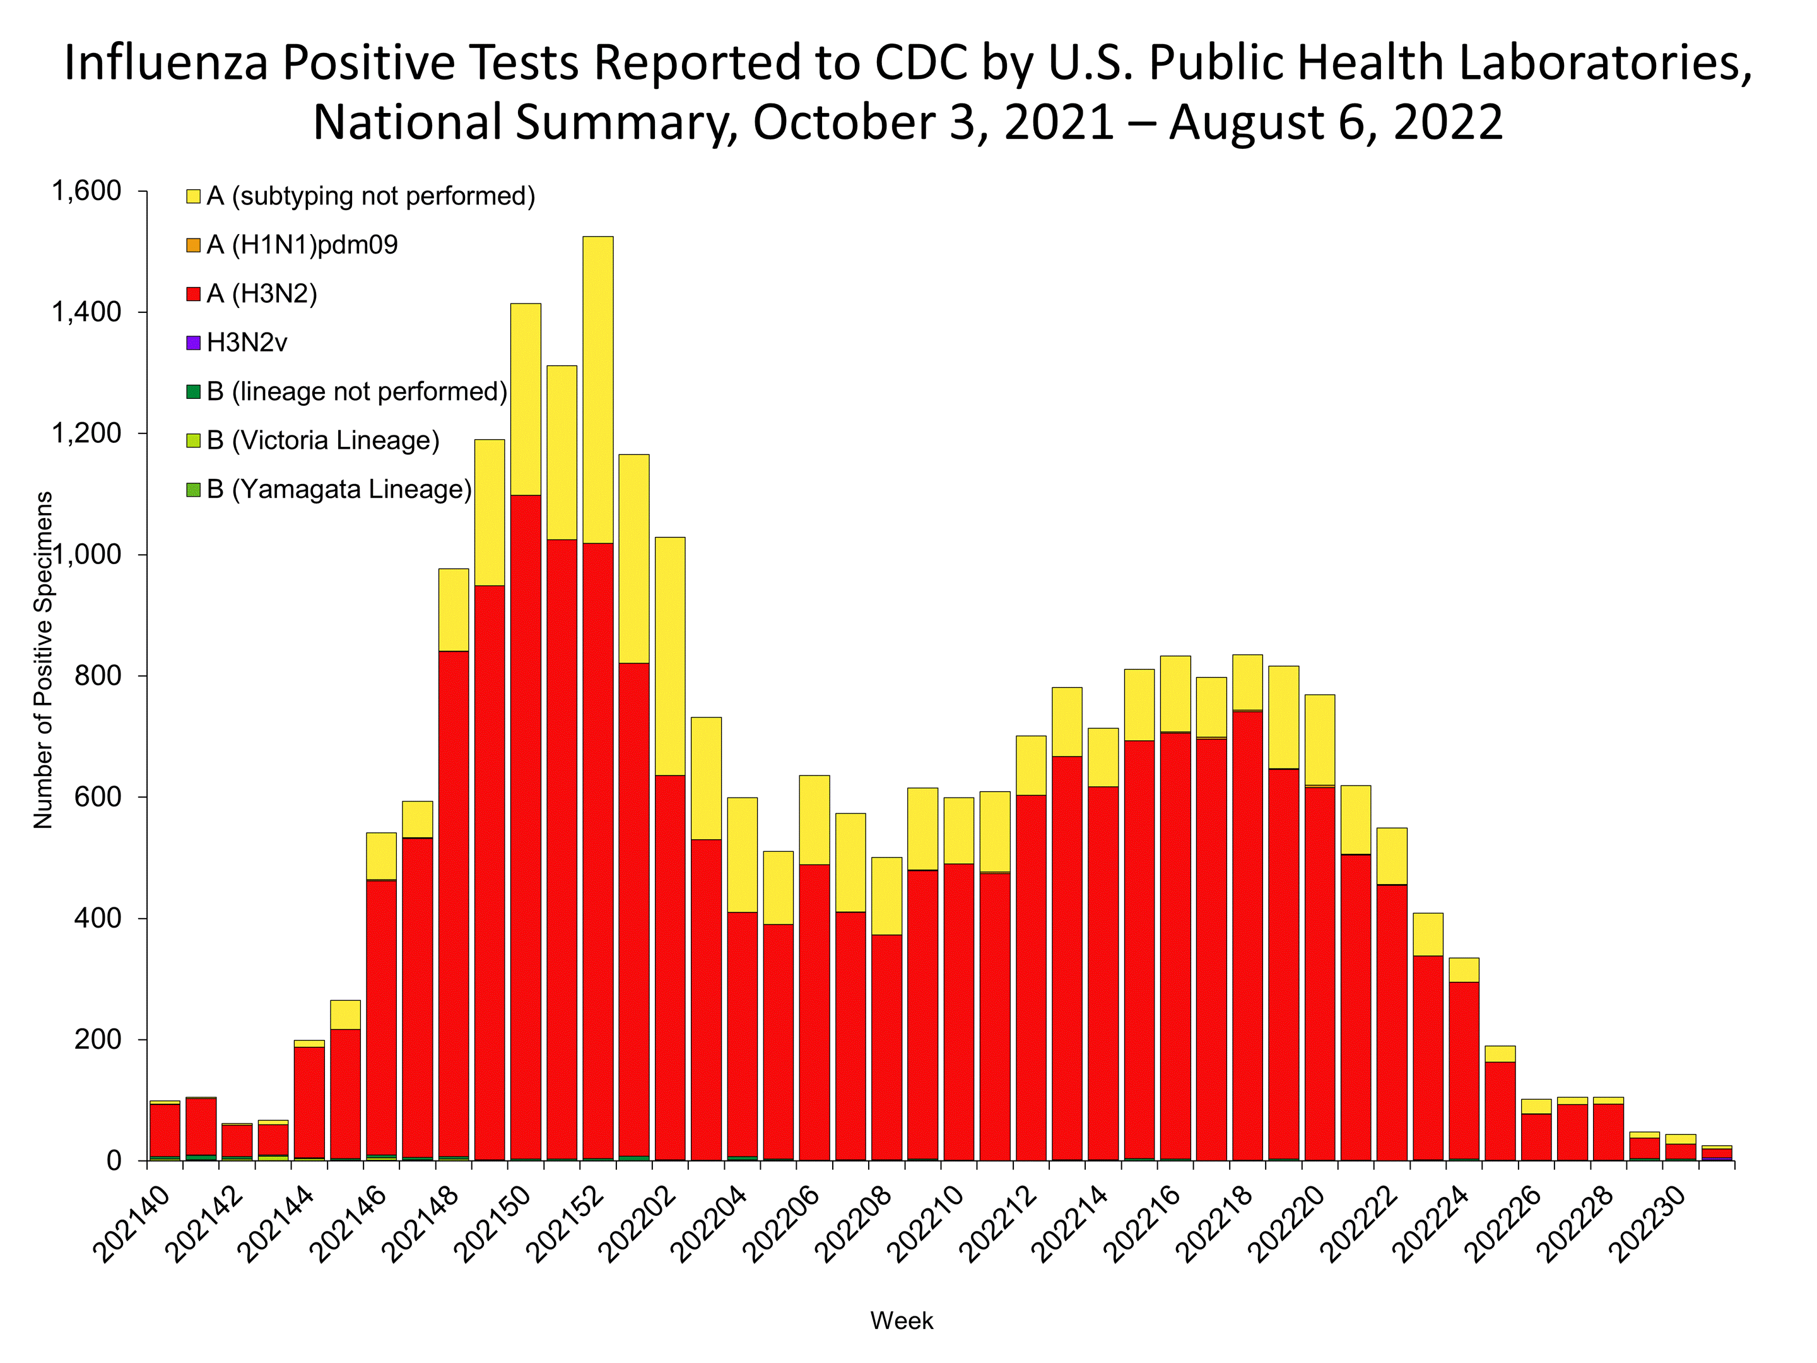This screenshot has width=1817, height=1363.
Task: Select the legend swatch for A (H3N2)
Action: [193, 294]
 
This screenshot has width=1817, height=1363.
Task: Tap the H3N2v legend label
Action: [247, 343]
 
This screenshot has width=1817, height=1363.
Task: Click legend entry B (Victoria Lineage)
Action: [323, 440]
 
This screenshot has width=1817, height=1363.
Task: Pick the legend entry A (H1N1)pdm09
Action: [302, 245]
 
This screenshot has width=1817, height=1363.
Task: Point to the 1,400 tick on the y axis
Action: [86, 312]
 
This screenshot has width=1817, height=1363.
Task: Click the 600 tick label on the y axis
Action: [98, 797]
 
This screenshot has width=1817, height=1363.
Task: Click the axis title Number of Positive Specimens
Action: [43, 659]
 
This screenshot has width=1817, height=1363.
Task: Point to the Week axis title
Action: [901, 1321]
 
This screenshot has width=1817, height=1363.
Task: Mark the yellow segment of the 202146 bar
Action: [381, 856]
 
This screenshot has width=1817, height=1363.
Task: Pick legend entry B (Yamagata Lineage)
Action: [338, 490]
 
